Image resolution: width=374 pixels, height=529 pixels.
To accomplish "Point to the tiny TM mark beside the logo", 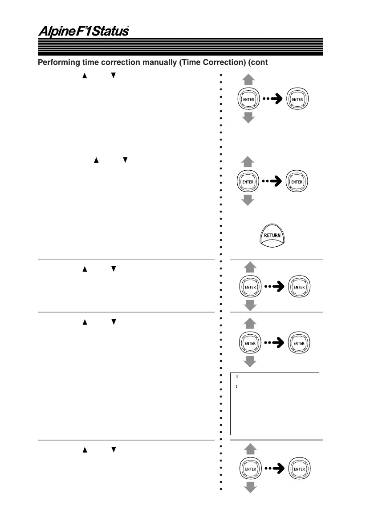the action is tap(127, 27).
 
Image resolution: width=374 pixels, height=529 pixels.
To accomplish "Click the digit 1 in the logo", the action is tap(82, 32).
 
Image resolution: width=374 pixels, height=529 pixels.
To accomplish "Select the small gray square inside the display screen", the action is tap(237, 377).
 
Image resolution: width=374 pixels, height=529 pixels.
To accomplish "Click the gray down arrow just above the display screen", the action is tap(250, 361).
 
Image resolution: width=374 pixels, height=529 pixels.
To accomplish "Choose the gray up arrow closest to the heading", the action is tap(248, 80).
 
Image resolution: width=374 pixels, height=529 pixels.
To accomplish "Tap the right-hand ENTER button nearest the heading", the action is tap(297, 100).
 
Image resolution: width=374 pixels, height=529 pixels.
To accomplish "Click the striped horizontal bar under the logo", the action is tap(180, 46).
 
